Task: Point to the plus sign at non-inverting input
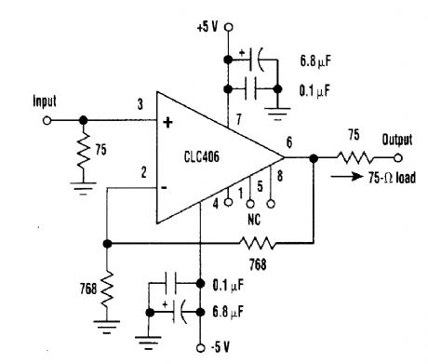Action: (168, 120)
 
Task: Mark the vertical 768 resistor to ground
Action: (108, 283)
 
